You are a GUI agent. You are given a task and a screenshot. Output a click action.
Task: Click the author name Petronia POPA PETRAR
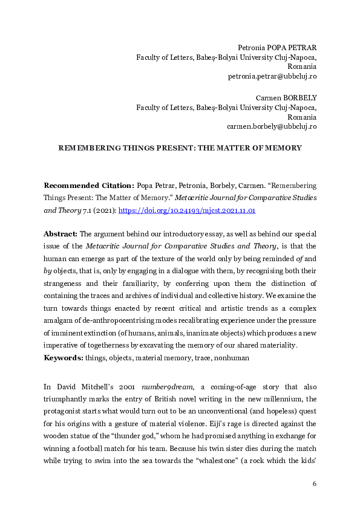point(277,47)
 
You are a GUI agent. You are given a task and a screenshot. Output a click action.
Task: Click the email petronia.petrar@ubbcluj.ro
point(272,76)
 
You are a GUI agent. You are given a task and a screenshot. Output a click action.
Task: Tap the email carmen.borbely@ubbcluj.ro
point(271,126)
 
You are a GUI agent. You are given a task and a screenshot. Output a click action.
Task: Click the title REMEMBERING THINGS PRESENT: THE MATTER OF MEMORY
point(180,148)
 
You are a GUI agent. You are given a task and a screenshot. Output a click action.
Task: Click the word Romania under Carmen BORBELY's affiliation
point(302,117)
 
